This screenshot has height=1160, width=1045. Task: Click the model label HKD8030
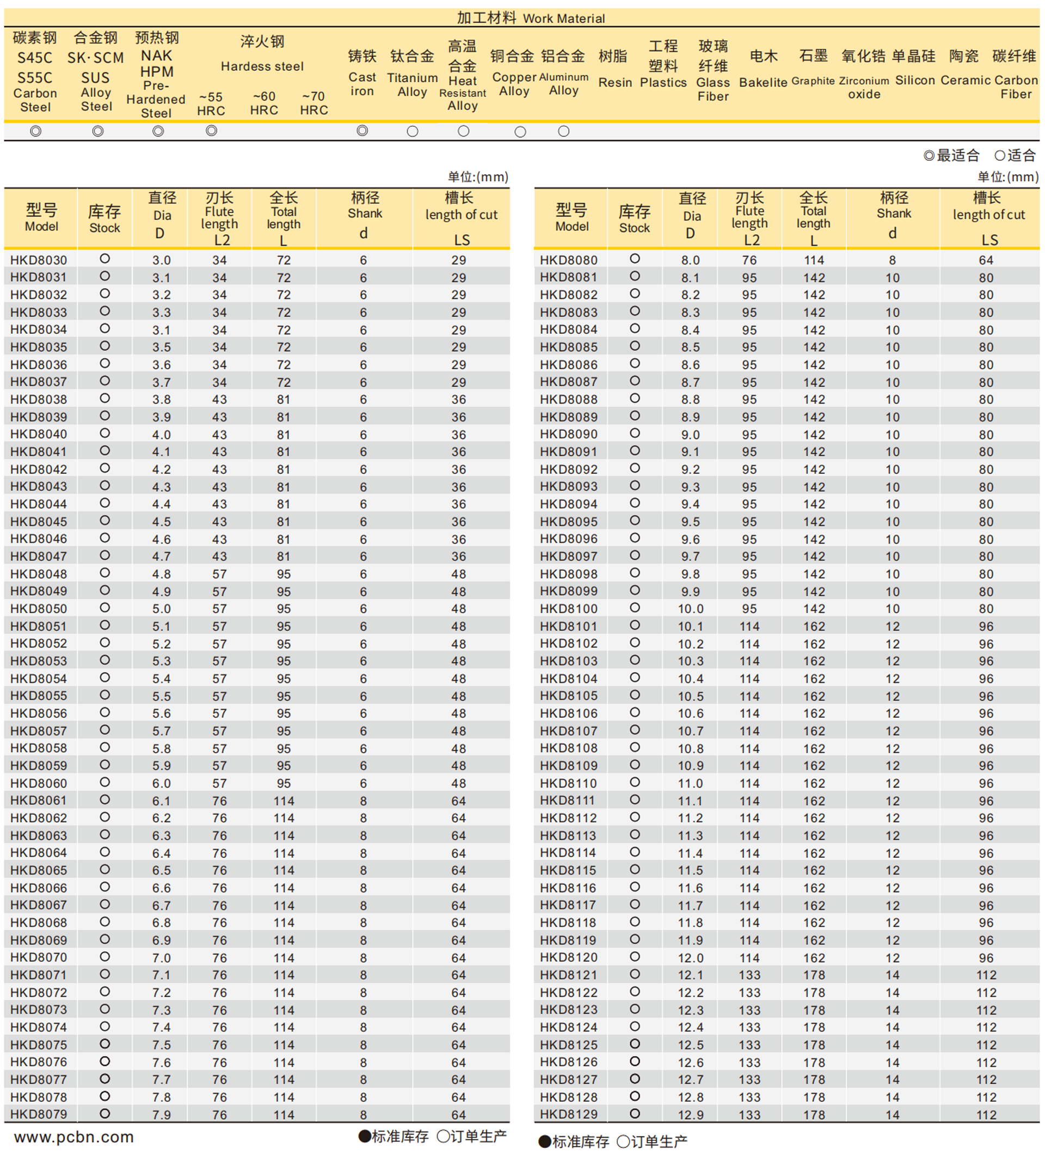pos(39,260)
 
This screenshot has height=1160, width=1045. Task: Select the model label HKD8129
pos(568,1114)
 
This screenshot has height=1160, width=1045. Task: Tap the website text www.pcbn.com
pos(73,1137)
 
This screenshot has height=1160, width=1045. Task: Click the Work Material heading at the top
pos(531,18)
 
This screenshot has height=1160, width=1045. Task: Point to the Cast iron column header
pos(362,73)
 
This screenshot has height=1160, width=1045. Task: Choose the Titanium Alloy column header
pos(411,73)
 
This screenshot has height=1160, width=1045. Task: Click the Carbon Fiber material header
pos(1015,74)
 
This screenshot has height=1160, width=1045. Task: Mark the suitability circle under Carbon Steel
pos(35,132)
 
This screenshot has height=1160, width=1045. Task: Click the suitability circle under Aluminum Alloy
pos(564,132)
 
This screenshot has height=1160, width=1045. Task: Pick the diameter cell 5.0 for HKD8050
pos(161,609)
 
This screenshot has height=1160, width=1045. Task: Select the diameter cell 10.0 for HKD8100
pos(691,609)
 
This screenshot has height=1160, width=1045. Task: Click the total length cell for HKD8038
pos(284,400)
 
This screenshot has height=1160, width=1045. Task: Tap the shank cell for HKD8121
pos(892,975)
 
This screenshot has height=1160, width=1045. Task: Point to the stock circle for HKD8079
pos(104,1114)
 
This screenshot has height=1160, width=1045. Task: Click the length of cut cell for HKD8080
pos(986,260)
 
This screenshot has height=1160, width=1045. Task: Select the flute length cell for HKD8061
pos(219,801)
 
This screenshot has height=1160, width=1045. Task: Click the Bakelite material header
pos(763,69)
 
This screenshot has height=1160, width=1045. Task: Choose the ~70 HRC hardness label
pos(313,103)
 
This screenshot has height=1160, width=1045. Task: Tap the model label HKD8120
pos(568,958)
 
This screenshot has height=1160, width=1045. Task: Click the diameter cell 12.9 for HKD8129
pos(691,1115)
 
